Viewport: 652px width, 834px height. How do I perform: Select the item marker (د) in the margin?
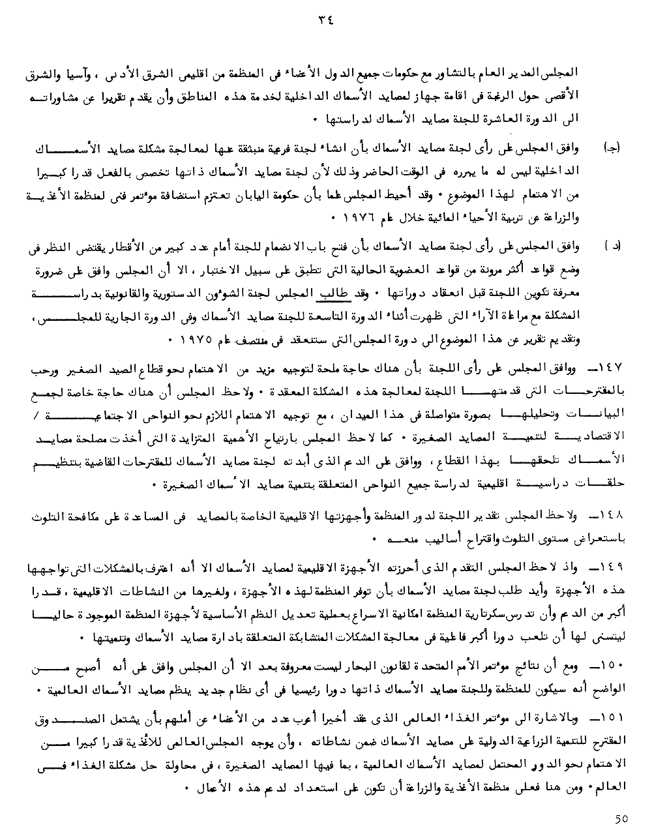coord(614,246)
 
